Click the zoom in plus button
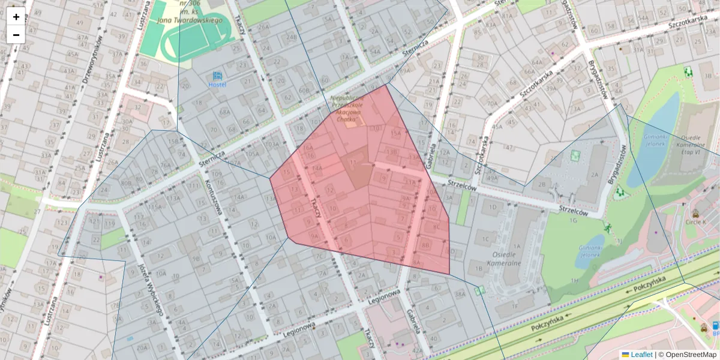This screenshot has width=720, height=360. pyautogui.click(x=16, y=17)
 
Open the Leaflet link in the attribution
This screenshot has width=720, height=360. pyautogui.click(x=641, y=355)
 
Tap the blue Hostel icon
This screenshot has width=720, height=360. pyautogui.click(x=217, y=76)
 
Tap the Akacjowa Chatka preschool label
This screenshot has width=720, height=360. pyautogui.click(x=347, y=108)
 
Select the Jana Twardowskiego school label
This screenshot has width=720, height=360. pyautogui.click(x=190, y=20)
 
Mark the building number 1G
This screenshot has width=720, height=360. pyautogui.click(x=573, y=221)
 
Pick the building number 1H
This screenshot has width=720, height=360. pyautogui.click(x=575, y=280)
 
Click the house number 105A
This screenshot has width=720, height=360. pyautogui.click(x=252, y=153)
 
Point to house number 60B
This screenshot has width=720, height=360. pyautogui.click(x=304, y=91)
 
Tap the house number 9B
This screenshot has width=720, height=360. pyautogui.click(x=196, y=259)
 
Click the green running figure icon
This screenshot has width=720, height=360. pyautogui.click(x=608, y=227)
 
